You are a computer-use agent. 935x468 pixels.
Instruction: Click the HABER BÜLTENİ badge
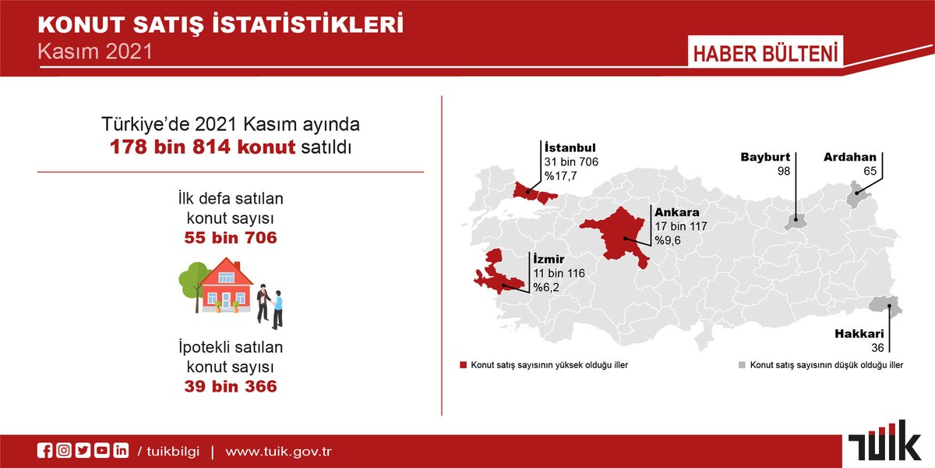click(x=764, y=55)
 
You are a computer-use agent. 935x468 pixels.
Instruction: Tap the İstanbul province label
click(x=570, y=147)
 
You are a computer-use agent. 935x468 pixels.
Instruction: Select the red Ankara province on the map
click(x=619, y=234)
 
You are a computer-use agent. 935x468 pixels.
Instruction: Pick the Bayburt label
click(x=765, y=158)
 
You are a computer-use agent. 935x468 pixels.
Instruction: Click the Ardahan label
click(x=849, y=158)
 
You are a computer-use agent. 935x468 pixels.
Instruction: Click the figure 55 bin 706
click(x=231, y=238)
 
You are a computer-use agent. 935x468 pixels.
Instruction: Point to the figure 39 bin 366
click(x=231, y=385)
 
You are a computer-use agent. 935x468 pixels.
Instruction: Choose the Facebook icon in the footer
click(x=45, y=451)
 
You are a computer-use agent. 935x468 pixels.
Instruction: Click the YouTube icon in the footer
click(x=101, y=451)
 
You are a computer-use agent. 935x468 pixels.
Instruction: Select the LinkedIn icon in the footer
click(x=121, y=451)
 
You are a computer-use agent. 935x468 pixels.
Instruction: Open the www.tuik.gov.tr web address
click(x=280, y=452)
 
